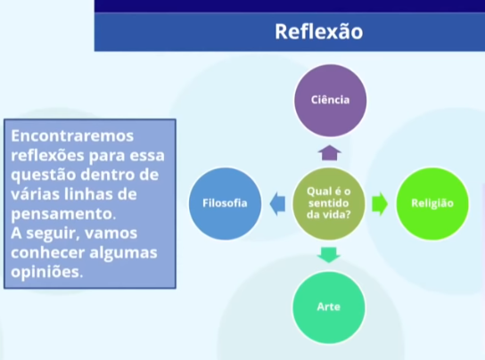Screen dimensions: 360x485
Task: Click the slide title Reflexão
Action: click(x=318, y=31)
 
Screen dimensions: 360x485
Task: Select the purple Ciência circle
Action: click(x=329, y=100)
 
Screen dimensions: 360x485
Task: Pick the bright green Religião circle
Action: click(x=432, y=203)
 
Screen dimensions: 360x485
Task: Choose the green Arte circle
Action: click(x=329, y=306)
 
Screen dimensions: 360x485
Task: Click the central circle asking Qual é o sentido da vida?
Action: click(x=329, y=203)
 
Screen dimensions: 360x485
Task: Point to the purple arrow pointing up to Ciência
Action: click(x=329, y=152)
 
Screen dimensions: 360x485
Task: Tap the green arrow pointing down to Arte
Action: click(x=329, y=255)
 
